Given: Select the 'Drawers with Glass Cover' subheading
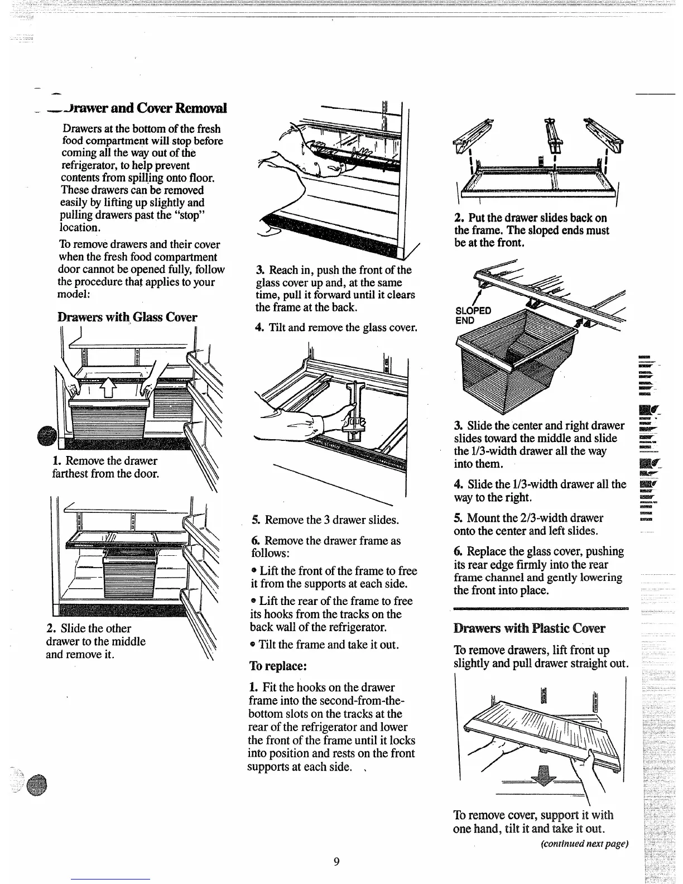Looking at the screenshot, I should tap(128, 317).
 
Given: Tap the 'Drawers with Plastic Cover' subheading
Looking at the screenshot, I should tap(530, 628).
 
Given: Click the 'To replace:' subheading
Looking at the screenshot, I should tap(278, 666).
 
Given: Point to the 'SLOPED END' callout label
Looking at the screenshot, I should tap(473, 315).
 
